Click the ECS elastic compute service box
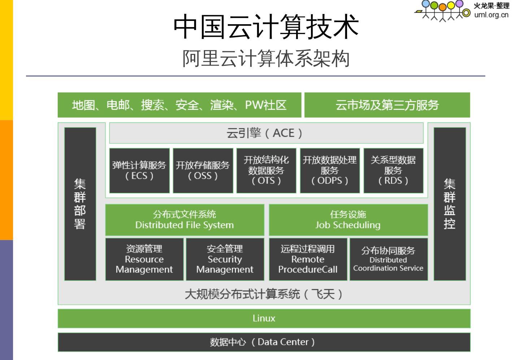(139, 170)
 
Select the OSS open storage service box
(203, 170)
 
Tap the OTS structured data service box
(266, 170)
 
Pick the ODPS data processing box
(330, 170)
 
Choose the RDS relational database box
(393, 170)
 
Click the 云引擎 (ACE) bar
(266, 133)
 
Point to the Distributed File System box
(185, 220)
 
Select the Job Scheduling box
(348, 220)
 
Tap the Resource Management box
(144, 259)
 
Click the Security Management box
(225, 259)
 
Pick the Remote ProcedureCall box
(308, 259)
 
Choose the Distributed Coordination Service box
(388, 259)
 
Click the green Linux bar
(264, 318)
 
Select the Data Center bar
(264, 342)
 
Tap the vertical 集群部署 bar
(80, 204)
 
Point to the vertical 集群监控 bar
(450, 204)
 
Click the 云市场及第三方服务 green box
(387, 105)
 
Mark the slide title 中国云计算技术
(266, 27)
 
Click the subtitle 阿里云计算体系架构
(266, 58)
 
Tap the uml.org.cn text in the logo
(491, 15)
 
